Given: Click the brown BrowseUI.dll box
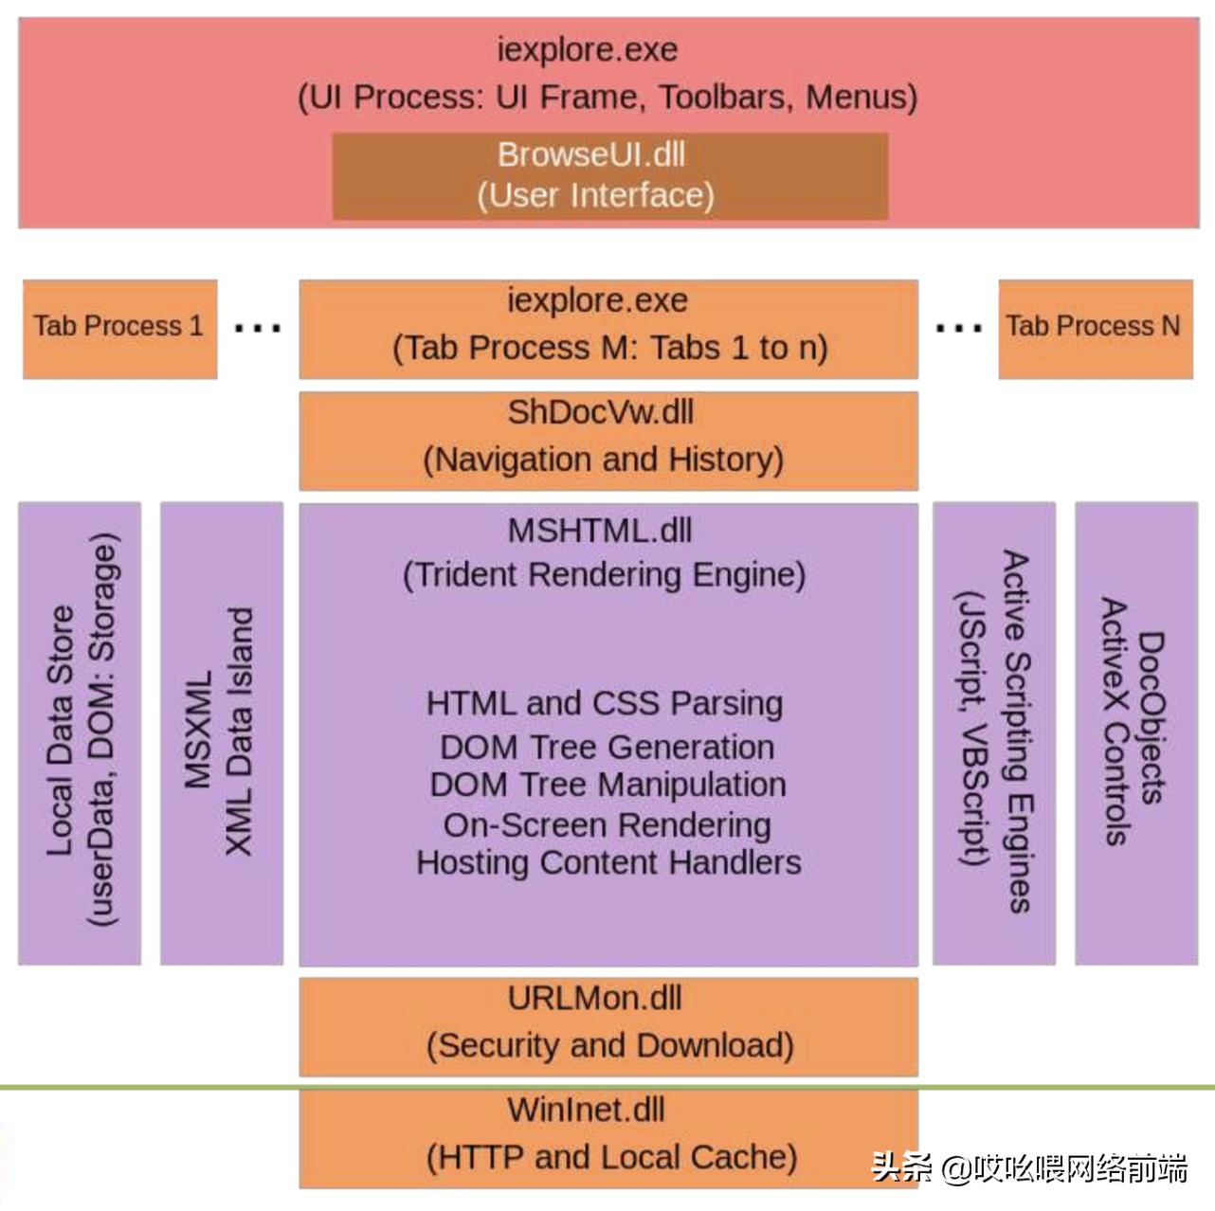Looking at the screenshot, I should [609, 175].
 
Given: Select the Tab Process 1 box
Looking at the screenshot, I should [119, 327].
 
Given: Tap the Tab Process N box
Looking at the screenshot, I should [1095, 327].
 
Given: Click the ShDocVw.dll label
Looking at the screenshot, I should [601, 413].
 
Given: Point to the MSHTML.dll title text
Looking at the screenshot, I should [600, 531].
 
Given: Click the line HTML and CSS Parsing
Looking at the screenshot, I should [605, 703].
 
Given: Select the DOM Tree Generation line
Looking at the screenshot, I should [607, 747].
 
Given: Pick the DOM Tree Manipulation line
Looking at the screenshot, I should [607, 785].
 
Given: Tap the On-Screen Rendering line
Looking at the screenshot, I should [607, 825].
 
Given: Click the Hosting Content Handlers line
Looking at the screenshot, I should [608, 863].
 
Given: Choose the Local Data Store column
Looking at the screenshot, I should [80, 732].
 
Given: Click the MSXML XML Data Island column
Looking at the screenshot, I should [221, 732].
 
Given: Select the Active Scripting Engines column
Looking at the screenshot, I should [993, 732].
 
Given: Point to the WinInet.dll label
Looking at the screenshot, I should [586, 1110].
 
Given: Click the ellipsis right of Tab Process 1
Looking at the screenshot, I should [258, 329].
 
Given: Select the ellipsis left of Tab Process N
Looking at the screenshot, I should [958, 329].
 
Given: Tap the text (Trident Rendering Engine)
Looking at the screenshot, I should [605, 575].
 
